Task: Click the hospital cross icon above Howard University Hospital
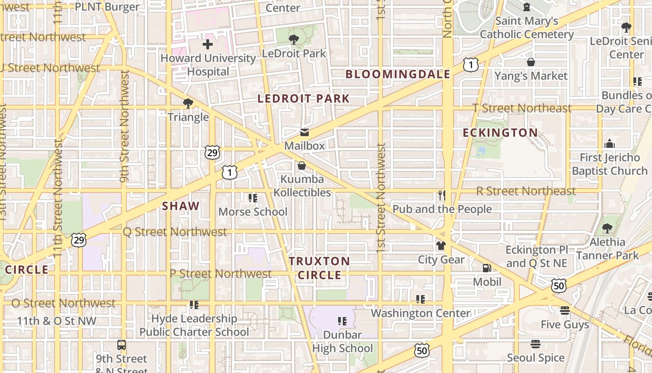[208, 45]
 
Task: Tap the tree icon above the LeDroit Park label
[294, 40]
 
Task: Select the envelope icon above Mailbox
[304, 133]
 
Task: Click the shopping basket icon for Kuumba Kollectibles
[302, 166]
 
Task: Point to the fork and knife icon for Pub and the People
[441, 195]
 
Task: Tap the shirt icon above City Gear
[441, 245]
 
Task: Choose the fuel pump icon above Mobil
[487, 268]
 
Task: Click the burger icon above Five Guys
[565, 311]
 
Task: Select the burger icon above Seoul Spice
[536, 344]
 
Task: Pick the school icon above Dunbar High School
[342, 321]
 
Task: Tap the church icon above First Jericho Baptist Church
[610, 144]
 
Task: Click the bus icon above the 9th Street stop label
[122, 345]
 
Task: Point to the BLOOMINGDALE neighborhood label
[398, 74]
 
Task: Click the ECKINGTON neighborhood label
[500, 133]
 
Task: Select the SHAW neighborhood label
[181, 206]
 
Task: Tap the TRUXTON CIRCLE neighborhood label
[319, 268]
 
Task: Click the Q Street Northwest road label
[175, 232]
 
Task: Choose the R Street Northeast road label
[526, 191]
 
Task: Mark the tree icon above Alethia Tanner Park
[607, 228]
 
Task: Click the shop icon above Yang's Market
[530, 62]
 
